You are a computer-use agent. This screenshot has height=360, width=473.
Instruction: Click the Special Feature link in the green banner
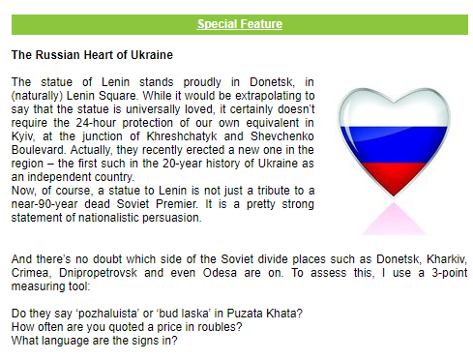[240, 24]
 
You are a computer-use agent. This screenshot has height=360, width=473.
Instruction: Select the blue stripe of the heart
[394, 145]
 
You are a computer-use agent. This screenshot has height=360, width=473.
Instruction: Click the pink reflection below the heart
[394, 220]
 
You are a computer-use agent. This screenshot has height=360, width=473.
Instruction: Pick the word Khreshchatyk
[182, 136]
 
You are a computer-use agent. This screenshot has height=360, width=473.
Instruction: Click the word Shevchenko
[282, 136]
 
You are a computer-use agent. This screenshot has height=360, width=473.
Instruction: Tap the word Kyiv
[22, 136]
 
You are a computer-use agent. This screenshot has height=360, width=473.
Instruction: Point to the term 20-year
[182, 164]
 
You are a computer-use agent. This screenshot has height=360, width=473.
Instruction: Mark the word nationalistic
[108, 218]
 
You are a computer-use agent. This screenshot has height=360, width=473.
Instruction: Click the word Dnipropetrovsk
[98, 273]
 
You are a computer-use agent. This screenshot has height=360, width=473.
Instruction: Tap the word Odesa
[220, 273]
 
